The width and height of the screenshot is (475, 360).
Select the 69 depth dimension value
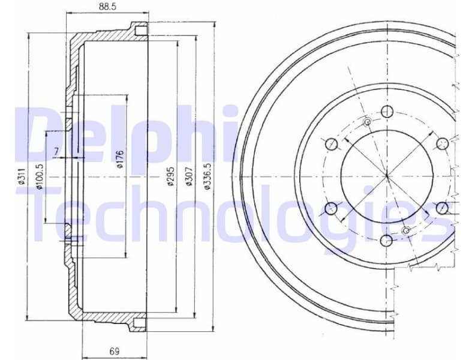click(x=114, y=351)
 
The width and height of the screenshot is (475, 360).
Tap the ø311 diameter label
click(x=22, y=178)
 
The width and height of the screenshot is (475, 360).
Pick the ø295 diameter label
click(x=170, y=178)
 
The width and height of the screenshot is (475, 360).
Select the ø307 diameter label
click(x=189, y=178)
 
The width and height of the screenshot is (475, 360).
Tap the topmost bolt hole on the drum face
click(x=387, y=111)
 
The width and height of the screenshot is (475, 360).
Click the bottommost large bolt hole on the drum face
click(x=387, y=241)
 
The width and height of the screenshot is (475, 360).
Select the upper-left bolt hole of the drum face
click(x=330, y=144)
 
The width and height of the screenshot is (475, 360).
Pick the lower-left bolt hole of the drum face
click(x=330, y=209)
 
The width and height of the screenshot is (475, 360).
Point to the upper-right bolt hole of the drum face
click(x=443, y=143)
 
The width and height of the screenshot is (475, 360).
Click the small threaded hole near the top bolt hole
click(x=368, y=122)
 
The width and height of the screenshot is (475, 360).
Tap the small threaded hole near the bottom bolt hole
click(x=407, y=230)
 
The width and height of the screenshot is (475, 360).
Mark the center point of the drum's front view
click(x=387, y=176)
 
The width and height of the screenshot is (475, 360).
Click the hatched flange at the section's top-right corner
click(x=139, y=29)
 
